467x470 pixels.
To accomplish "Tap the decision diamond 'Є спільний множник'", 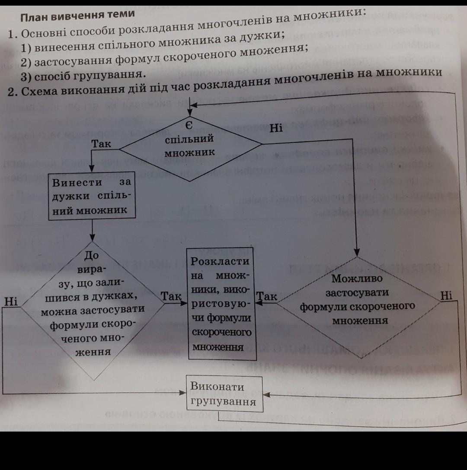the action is tap(190, 148).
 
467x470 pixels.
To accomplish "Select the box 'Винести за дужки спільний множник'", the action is tap(92, 196).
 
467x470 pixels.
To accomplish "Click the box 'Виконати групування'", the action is tap(224, 394).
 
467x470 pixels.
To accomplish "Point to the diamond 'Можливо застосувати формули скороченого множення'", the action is tap(358, 307).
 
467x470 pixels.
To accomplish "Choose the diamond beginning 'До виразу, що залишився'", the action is tap(93, 311).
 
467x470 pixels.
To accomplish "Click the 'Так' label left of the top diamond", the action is tap(101, 144).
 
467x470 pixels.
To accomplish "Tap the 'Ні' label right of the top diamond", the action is tap(276, 128).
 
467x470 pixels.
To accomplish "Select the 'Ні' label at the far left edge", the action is tap(11, 301).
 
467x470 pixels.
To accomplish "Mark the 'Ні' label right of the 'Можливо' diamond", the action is tap(446, 296).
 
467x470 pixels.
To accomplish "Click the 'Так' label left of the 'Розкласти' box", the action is tap(171, 296).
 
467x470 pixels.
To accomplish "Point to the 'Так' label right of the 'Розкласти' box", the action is tap(267, 296).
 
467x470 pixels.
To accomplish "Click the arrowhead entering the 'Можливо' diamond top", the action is tap(357, 252).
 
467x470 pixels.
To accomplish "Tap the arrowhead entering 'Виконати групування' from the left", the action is tap(182, 392).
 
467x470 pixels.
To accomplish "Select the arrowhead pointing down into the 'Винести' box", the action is tap(92, 168).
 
